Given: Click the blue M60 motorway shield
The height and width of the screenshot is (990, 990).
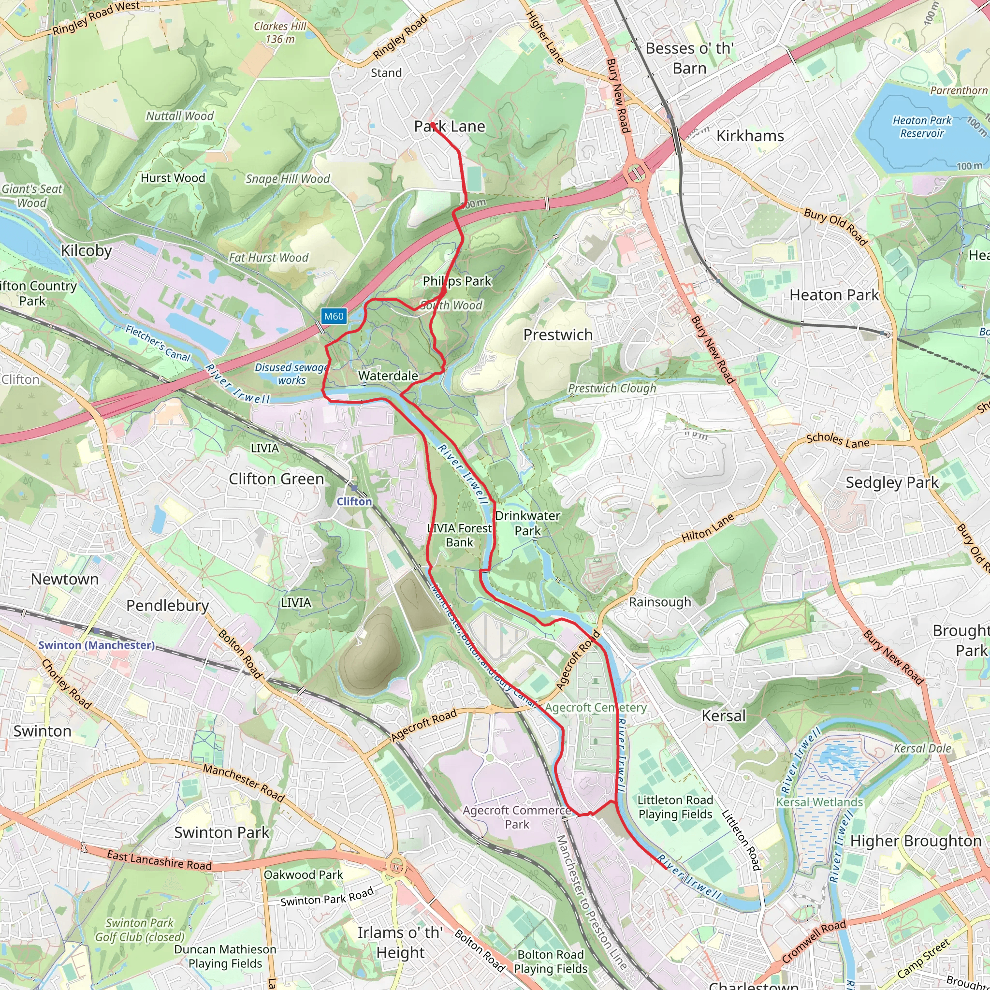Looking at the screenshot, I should (x=334, y=316).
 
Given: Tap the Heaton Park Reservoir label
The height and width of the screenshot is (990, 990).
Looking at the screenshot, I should (x=921, y=127).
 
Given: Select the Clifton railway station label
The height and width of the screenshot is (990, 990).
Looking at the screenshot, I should (x=354, y=501).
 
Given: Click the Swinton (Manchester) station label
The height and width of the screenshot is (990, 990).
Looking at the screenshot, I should (x=96, y=645).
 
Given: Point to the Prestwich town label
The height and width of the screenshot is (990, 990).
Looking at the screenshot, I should (x=557, y=335).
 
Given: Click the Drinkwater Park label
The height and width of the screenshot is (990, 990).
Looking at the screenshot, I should (x=527, y=523).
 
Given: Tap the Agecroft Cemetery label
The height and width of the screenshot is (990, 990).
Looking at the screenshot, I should (x=596, y=708).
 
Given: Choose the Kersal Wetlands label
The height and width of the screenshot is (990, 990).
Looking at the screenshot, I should (x=819, y=802).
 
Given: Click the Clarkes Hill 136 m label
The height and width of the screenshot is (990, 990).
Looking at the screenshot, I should (x=280, y=32).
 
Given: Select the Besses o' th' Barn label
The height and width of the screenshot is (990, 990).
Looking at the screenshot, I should (x=689, y=58).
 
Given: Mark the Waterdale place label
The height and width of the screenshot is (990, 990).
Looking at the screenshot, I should (x=388, y=376).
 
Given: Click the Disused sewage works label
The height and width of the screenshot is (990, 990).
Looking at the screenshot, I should (x=291, y=374).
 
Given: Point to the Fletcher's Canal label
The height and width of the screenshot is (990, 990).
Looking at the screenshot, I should (x=158, y=343).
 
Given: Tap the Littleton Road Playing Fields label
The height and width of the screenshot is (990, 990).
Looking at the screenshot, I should (x=675, y=807).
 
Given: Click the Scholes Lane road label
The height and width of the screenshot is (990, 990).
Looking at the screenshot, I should (x=837, y=440).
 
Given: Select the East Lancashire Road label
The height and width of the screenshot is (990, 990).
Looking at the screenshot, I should (x=159, y=860).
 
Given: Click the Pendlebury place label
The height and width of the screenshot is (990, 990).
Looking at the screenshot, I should (x=168, y=605).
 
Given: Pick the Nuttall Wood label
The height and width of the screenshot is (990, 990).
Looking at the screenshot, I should (x=179, y=116).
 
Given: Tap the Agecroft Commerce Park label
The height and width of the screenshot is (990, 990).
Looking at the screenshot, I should (x=517, y=817).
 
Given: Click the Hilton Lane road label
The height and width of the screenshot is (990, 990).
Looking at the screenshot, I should (x=707, y=528).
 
